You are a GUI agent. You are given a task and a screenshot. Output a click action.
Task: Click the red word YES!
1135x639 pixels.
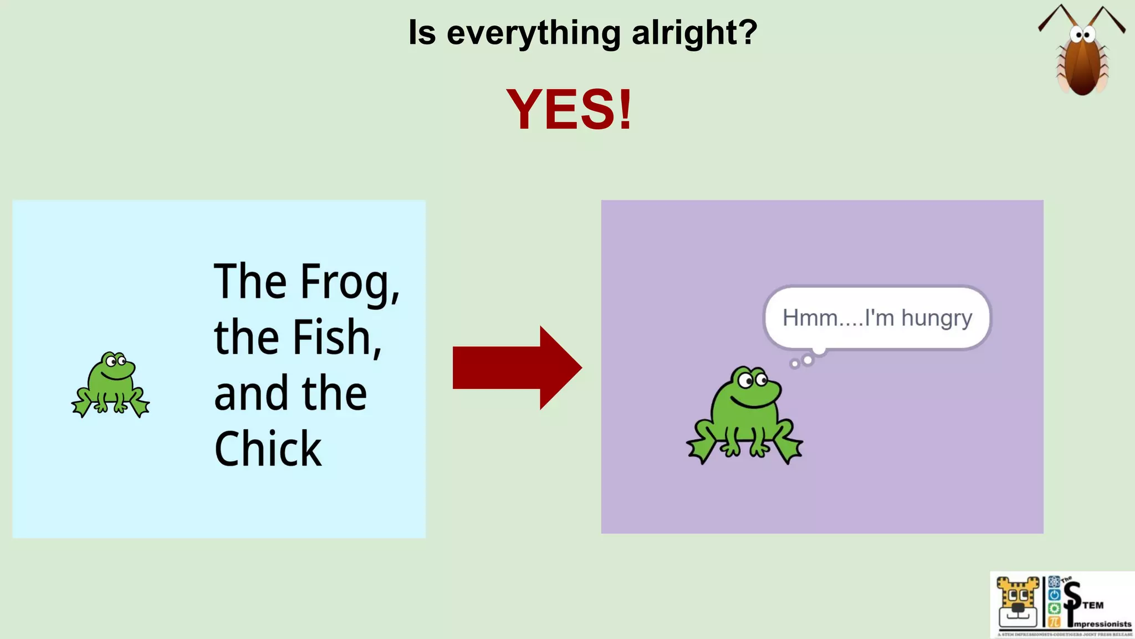point(569,110)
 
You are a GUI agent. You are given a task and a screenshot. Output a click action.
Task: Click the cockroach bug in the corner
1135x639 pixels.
point(1082,61)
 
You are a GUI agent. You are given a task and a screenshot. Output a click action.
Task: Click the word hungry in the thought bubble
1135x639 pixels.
point(937,318)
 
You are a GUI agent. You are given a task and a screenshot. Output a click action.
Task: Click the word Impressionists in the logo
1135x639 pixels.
point(1102,624)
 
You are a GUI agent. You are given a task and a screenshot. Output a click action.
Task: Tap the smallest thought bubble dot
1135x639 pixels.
point(795,364)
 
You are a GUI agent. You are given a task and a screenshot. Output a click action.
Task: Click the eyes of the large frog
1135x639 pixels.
point(753,380)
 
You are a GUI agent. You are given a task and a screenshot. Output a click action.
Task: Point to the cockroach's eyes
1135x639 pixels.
point(1082,36)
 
